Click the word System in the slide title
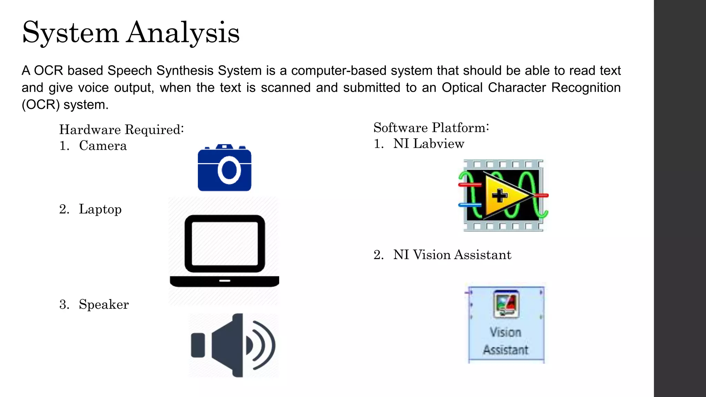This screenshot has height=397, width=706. click(71, 33)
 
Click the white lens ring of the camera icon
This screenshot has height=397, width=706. click(229, 170)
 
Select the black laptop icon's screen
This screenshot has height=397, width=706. click(225, 243)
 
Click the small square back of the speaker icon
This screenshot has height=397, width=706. click(198, 345)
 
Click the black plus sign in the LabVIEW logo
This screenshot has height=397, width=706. click(500, 195)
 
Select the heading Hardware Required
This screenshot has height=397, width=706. click(121, 130)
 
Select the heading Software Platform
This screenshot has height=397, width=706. click(431, 128)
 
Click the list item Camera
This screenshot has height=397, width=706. click(103, 145)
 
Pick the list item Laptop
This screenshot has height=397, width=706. click(100, 209)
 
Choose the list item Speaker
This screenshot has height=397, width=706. click(103, 304)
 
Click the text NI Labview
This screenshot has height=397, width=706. click(428, 143)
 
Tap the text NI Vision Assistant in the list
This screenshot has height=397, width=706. click(452, 255)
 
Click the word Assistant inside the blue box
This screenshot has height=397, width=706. click(505, 350)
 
